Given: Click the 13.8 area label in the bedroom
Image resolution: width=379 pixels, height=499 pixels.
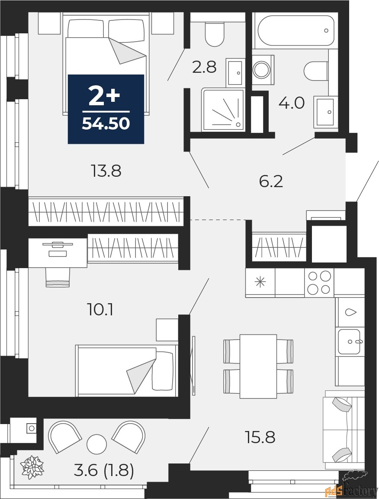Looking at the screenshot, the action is (106, 171).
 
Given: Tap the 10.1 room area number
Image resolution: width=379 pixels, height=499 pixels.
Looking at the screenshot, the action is (100, 309).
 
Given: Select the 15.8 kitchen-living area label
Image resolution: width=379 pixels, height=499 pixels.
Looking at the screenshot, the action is (260, 437).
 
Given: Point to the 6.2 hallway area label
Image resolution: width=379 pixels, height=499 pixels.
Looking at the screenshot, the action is (271, 182).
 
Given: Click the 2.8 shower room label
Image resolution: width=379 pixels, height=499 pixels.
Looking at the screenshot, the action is (205, 67).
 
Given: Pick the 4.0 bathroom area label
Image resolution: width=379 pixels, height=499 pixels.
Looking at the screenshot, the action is (292, 103).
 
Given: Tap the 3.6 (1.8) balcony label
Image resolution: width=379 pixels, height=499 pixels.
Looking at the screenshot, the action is (104, 470).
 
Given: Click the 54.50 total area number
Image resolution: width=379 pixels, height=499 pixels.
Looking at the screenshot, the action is (106, 123).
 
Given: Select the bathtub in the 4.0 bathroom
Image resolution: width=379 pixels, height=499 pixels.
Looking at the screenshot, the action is (296, 31).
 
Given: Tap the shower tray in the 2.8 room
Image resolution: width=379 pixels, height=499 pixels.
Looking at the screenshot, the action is (223, 110).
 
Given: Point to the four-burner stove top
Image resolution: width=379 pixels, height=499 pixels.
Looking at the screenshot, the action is (319, 282).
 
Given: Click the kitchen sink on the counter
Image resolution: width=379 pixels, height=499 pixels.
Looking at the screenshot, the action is (350, 342).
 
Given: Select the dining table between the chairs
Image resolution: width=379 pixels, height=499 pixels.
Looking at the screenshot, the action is (258, 366).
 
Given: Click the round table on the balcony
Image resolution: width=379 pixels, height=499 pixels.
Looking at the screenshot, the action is (96, 444).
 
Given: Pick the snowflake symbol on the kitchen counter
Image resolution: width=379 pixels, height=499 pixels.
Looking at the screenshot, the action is (260, 282).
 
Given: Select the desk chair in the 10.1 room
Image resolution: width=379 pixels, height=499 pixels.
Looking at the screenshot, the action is (58, 277).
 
